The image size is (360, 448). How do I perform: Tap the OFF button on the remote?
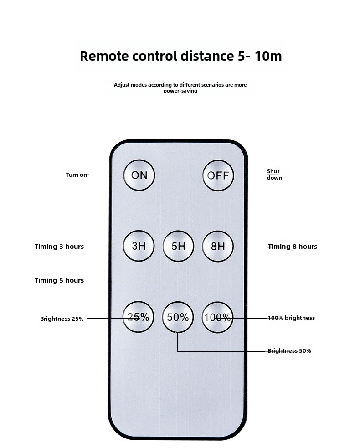click(x=218, y=175)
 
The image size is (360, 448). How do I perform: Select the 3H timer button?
click(x=139, y=246)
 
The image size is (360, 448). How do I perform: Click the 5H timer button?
click(x=178, y=246)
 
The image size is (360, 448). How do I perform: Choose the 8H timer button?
click(x=218, y=246)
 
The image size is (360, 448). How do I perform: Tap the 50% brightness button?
click(x=178, y=317)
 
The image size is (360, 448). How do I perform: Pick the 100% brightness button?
click(x=217, y=318)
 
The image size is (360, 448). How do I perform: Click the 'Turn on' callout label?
click(x=76, y=175)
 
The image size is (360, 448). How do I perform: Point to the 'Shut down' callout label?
click(x=275, y=174)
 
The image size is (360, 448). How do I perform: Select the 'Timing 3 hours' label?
click(x=59, y=247)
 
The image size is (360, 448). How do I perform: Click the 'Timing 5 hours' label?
click(x=59, y=280)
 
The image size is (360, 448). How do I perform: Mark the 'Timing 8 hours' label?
click(x=293, y=247)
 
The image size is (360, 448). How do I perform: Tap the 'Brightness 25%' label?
click(x=62, y=319)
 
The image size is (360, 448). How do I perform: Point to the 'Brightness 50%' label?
click(x=289, y=351)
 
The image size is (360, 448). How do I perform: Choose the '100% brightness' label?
click(x=291, y=318)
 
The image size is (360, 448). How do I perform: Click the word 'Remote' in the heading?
click(x=104, y=56)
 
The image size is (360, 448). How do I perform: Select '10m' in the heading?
click(x=268, y=56)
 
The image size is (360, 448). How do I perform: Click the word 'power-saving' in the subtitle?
click(x=180, y=91)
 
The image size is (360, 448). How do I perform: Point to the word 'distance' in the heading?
click(x=207, y=56)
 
